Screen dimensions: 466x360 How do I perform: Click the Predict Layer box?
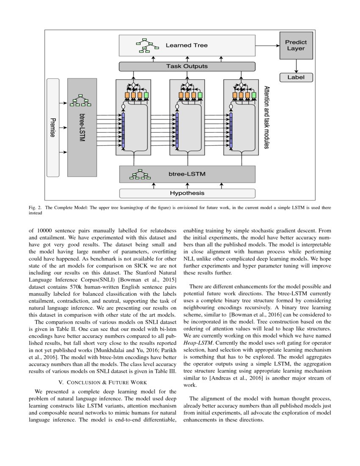click(296, 45)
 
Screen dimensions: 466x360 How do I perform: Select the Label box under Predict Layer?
click(296, 78)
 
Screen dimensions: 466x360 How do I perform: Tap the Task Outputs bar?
click(187, 67)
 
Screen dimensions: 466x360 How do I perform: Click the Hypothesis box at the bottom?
click(187, 193)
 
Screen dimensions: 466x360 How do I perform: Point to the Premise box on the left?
click(53, 127)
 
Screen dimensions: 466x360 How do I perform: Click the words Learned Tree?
click(186, 45)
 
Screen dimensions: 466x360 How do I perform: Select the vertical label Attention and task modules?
click(267, 117)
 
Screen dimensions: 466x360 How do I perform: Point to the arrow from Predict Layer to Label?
click(296, 65)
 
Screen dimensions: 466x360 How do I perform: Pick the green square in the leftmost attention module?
click(147, 95)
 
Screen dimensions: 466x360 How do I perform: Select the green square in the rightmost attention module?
click(254, 95)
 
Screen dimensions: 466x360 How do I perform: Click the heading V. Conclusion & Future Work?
click(102, 383)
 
